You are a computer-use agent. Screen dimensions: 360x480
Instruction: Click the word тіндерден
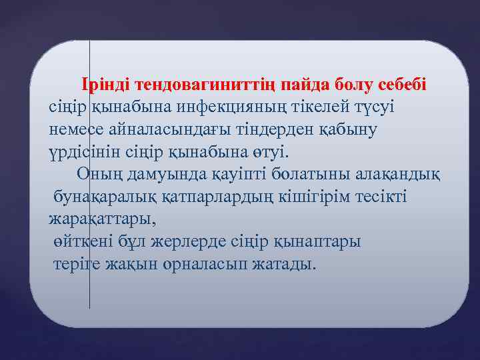click(281, 129)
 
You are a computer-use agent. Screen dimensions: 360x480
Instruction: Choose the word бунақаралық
click(106, 197)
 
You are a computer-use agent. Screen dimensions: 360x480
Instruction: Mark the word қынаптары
click(319, 241)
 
